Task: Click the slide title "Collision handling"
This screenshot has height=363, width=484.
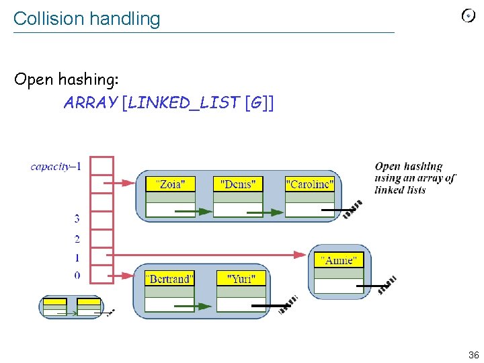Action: coord(87,19)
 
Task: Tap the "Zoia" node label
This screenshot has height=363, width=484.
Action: coord(170,184)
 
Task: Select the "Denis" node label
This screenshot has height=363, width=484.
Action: coord(237,184)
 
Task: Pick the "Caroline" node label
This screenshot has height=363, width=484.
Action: coord(309,184)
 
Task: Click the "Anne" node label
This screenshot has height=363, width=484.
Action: coord(339,259)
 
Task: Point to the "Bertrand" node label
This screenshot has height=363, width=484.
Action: coord(169,278)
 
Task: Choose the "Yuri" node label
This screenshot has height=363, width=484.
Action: coord(241,278)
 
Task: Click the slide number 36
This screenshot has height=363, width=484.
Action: coord(473,354)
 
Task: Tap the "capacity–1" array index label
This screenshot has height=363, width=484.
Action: coord(56,166)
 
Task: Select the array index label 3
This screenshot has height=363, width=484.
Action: coord(77,218)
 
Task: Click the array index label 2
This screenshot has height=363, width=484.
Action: coord(77,239)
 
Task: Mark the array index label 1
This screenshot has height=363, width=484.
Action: coord(77,257)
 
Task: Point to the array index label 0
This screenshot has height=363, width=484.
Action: coord(77,275)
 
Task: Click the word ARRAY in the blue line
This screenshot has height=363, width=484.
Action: coord(90,103)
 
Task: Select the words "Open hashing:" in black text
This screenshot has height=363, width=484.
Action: coord(67,79)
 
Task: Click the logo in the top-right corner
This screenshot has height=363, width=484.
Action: coord(468,15)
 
